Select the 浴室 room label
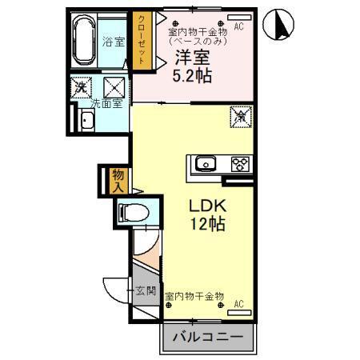tap(114, 42)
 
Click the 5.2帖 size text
tap(194, 78)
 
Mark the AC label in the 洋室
tap(239, 26)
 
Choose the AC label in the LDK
tap(238, 304)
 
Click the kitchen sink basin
tap(206, 165)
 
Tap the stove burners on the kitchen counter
tap(238, 165)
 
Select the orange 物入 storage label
tap(117, 180)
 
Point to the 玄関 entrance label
tap(143, 290)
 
